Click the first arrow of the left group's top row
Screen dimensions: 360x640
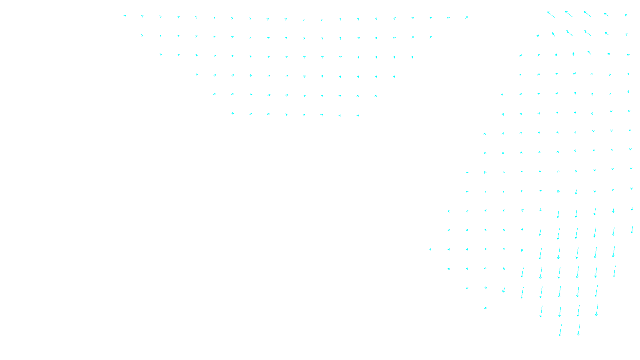(x=125, y=16)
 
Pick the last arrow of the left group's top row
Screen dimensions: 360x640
(x=466, y=18)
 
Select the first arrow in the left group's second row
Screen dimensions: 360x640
(x=142, y=35)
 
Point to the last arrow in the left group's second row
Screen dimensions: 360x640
(x=430, y=37)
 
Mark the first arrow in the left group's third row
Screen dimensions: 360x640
(x=160, y=54)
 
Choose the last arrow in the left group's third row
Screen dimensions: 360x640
(x=412, y=57)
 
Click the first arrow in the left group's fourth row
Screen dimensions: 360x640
(x=196, y=74)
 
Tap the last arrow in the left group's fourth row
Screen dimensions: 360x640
(x=394, y=76)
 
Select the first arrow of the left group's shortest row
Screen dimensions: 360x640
(x=232, y=114)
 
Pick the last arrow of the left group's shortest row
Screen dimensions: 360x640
(x=358, y=116)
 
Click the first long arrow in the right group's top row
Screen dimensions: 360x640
(x=551, y=14)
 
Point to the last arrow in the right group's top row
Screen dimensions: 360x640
(x=626, y=15)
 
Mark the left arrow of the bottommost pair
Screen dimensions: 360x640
(x=560, y=330)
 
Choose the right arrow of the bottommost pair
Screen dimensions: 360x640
(x=578, y=330)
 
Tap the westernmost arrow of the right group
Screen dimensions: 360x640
(x=430, y=250)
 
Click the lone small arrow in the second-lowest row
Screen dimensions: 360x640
(x=485, y=308)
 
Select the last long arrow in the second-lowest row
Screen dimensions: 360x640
(x=596, y=310)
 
